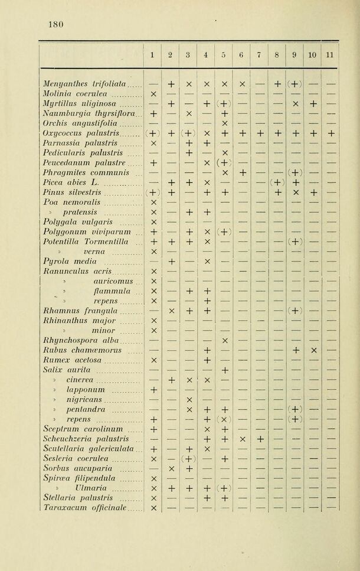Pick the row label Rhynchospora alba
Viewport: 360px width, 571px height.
(x=81, y=340)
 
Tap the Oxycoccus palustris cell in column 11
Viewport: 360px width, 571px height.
(x=330, y=133)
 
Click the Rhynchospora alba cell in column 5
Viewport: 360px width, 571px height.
(x=224, y=340)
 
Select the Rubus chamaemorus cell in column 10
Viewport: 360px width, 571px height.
(x=313, y=350)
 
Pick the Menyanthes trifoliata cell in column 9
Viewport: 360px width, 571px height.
(x=294, y=84)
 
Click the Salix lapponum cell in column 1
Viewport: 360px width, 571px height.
(x=152, y=389)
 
